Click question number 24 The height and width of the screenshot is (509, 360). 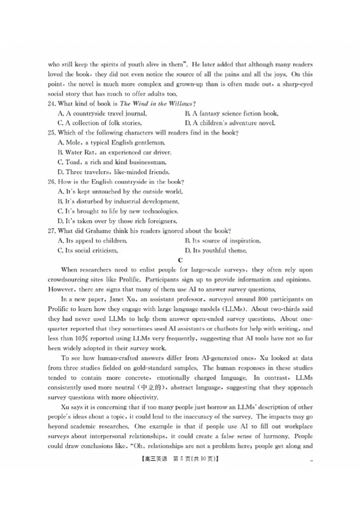(x=52, y=104)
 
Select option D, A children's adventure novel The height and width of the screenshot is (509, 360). (x=230, y=123)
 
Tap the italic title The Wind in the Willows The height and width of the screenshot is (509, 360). (x=157, y=104)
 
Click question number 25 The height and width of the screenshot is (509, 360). (x=52, y=133)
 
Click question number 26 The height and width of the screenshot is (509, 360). (x=52, y=182)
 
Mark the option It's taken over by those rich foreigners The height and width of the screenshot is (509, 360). (x=117, y=221)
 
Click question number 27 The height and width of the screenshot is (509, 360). (x=52, y=231)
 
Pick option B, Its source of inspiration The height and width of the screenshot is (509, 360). (x=222, y=241)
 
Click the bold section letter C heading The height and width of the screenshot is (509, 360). (x=180, y=260)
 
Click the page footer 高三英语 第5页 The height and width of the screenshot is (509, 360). (x=180, y=459)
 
